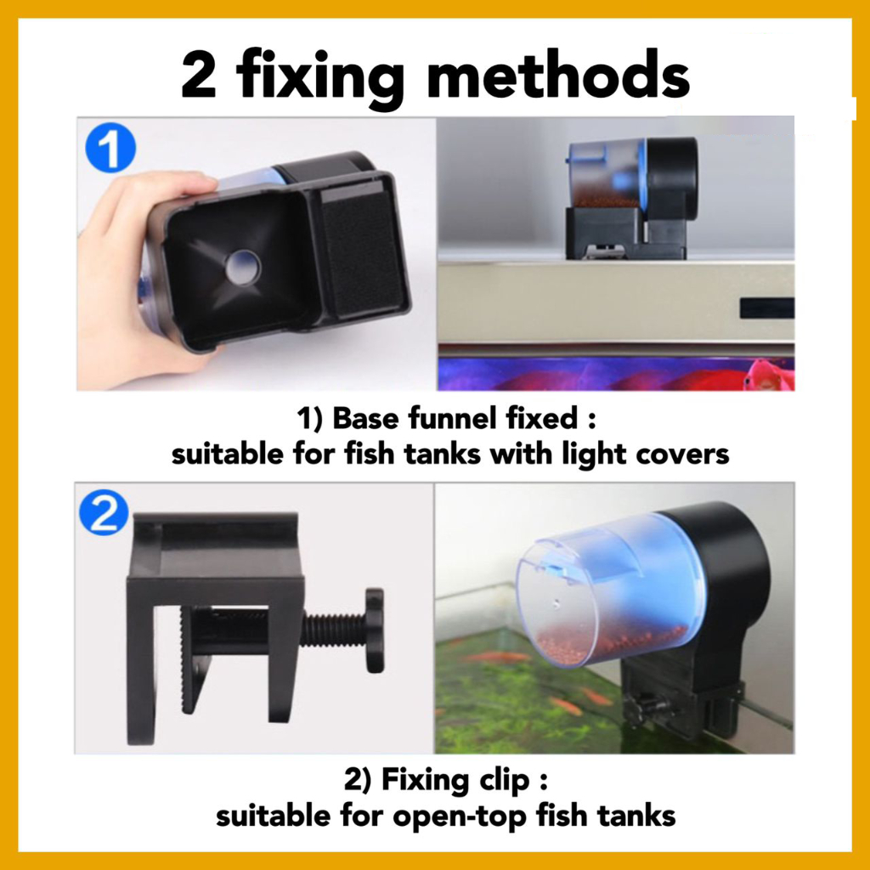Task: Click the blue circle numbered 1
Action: [x=110, y=148]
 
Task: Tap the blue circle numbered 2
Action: [x=104, y=514]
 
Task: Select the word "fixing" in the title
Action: [x=320, y=77]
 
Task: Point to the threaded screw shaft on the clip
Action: [x=333, y=630]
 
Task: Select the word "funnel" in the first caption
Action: [x=454, y=418]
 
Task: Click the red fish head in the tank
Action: [x=765, y=375]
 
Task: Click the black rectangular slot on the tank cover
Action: [x=767, y=308]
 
